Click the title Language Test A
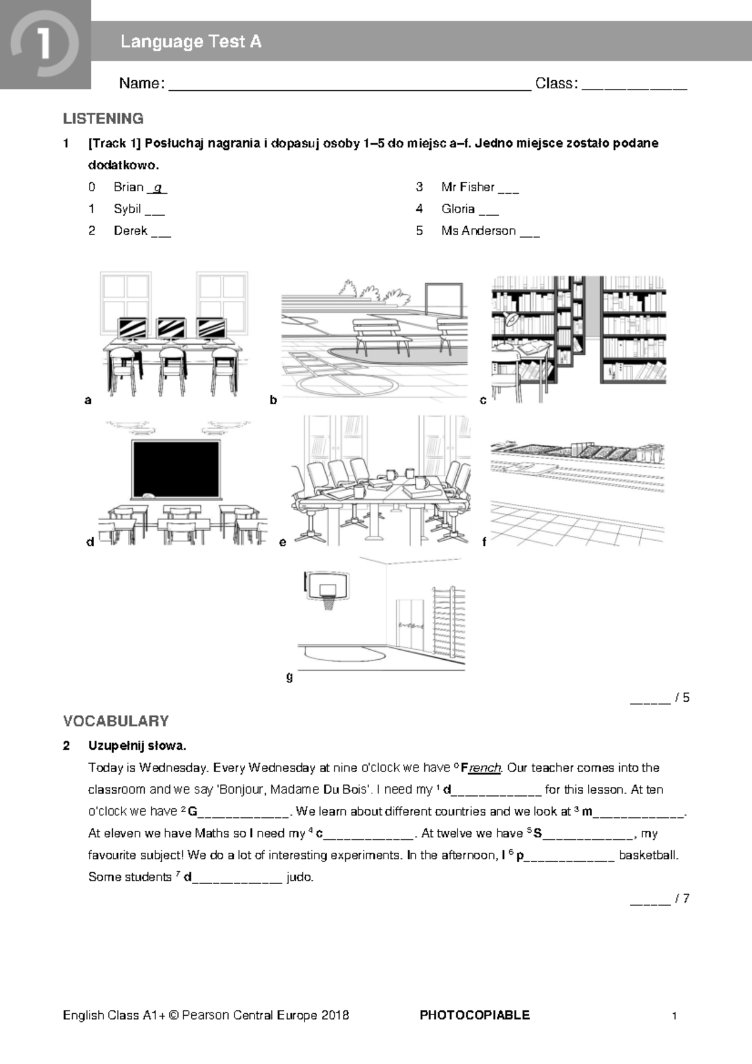pyautogui.click(x=191, y=42)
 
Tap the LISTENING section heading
pyautogui.click(x=103, y=118)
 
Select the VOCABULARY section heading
pyautogui.click(x=116, y=721)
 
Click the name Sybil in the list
pyautogui.click(x=127, y=209)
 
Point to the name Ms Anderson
pyautogui.click(x=478, y=231)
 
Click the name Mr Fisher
pyautogui.click(x=467, y=187)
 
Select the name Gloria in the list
pyautogui.click(x=457, y=209)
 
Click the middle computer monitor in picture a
pyautogui.click(x=170, y=328)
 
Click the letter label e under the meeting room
pyautogui.click(x=283, y=543)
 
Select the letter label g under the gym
pyautogui.click(x=289, y=677)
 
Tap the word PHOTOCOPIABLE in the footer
pyautogui.click(x=474, y=1015)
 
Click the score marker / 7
pyautogui.click(x=682, y=899)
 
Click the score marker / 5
pyautogui.click(x=682, y=697)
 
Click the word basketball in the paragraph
pyautogui.click(x=649, y=855)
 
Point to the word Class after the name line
pyautogui.click(x=554, y=83)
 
